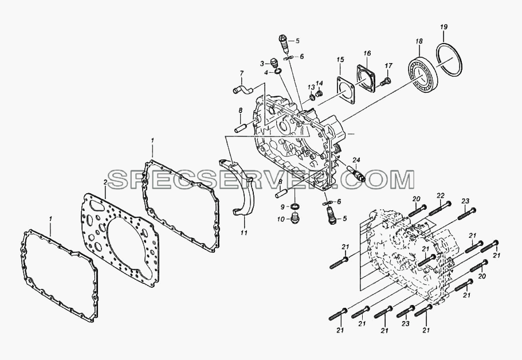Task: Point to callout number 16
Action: point(367,53)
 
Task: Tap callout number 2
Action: point(105,183)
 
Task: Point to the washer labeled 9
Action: point(294,207)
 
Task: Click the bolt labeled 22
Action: point(439,209)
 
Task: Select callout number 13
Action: point(311,87)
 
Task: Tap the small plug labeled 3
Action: point(274,62)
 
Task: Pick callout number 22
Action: point(441,195)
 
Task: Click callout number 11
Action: point(244,233)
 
